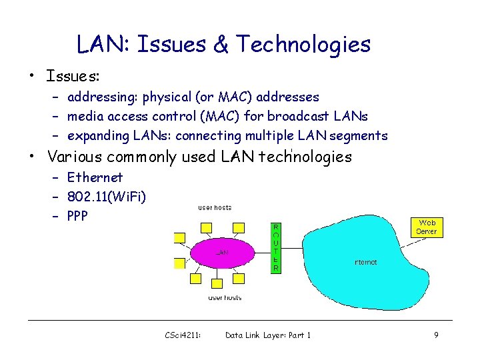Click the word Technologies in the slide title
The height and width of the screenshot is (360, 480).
303,45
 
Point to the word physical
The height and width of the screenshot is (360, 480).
159,97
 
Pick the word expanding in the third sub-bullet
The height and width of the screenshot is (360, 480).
98,136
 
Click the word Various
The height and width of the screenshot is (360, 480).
71,157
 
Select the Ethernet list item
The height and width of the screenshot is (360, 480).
95,177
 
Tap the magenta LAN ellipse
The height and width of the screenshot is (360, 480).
223,252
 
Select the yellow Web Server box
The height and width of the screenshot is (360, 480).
426,227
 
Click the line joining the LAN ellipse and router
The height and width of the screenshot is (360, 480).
263,250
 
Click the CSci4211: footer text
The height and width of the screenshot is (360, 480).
183,335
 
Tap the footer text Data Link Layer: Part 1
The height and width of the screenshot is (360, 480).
268,335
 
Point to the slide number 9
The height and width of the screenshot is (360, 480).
436,335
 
